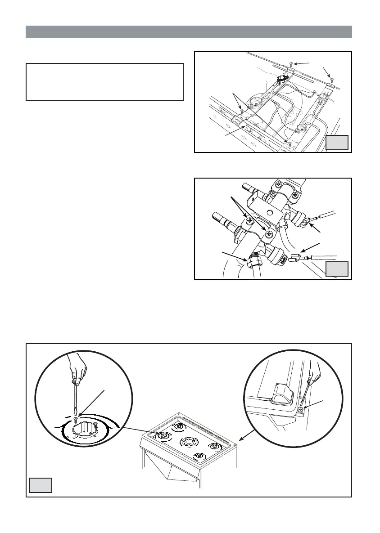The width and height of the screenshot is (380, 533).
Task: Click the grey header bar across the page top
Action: point(189,32)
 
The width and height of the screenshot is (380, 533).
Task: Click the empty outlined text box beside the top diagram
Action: point(105,81)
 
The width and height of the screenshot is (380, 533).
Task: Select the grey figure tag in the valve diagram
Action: point(337,269)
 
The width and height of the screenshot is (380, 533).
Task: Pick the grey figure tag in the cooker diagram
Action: point(41,485)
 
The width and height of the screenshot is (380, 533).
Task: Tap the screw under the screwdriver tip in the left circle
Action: point(75,419)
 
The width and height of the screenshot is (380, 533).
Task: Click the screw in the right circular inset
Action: point(301,409)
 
